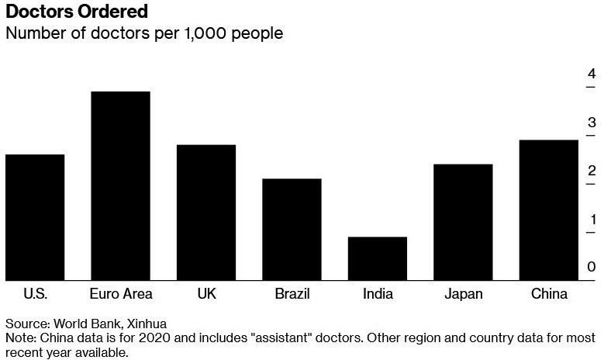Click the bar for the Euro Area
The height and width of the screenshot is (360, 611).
click(x=120, y=186)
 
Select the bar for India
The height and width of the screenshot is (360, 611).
click(x=377, y=258)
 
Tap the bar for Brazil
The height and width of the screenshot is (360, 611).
click(x=292, y=230)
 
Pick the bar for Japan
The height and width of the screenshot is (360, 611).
click(x=463, y=222)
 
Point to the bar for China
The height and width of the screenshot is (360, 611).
click(x=548, y=210)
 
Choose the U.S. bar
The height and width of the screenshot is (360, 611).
click(x=35, y=217)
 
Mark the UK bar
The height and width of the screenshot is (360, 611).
click(x=206, y=213)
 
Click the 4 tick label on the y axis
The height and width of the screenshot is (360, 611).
click(x=592, y=74)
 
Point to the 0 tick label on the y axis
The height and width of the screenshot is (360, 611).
click(x=592, y=267)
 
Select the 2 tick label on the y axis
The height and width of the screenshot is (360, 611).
click(x=592, y=171)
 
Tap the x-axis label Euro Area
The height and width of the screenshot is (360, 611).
click(x=121, y=294)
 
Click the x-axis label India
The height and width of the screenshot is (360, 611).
click(x=378, y=294)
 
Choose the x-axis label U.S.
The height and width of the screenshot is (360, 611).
click(x=35, y=294)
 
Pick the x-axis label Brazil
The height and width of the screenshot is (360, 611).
click(x=292, y=294)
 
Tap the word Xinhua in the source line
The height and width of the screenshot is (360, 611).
click(x=147, y=323)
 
